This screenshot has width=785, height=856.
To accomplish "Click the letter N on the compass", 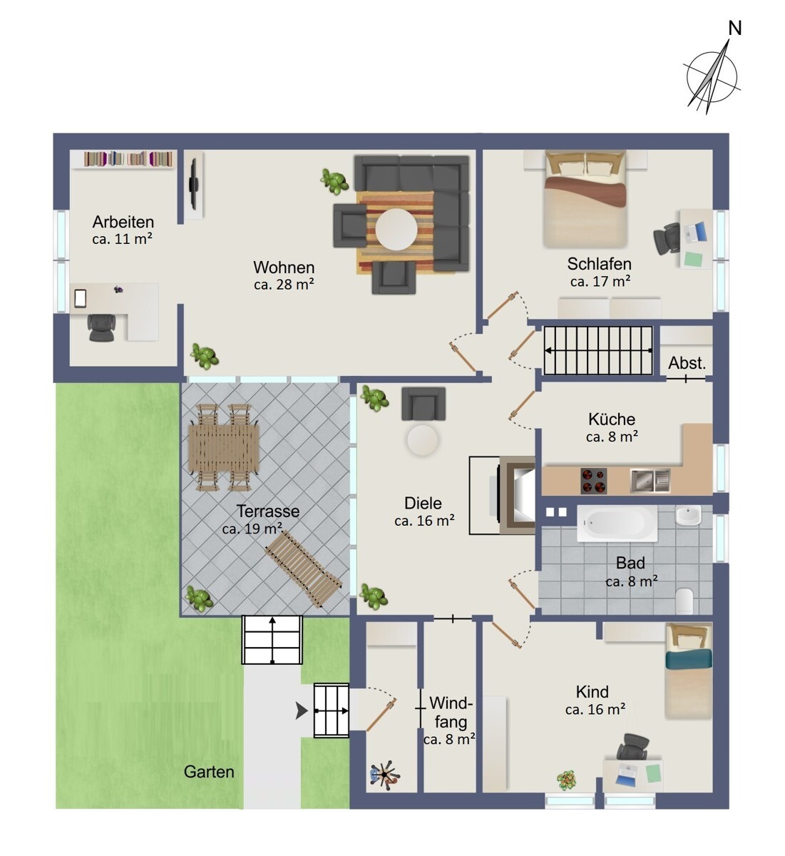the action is [734, 28].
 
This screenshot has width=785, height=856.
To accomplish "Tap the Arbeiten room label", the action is [123, 222].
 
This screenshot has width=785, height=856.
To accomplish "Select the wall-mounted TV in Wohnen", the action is [194, 184].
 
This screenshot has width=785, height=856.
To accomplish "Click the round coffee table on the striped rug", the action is [396, 229].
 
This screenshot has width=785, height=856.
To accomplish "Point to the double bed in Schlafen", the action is [585, 199].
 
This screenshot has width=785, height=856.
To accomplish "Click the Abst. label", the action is [687, 363].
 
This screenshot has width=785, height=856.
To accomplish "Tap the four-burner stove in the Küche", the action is [593, 481].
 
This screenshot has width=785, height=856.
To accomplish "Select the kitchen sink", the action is [650, 481].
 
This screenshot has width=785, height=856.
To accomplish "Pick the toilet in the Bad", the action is [684, 601].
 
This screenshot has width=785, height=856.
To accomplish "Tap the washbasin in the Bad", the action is [688, 516].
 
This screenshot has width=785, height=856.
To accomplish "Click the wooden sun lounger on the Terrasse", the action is [303, 569].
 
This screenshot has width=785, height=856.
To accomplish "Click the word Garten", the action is [209, 772].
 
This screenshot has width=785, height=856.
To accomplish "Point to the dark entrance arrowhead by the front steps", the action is [302, 711].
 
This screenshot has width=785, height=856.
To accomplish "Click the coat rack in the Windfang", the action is [384, 774].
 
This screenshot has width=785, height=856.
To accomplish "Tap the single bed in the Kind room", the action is [688, 672].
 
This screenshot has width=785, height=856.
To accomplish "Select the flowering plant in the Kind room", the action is [567, 780].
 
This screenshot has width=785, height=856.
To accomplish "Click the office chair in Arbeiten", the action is [101, 327].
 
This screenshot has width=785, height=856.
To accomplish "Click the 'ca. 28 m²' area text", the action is [284, 284].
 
